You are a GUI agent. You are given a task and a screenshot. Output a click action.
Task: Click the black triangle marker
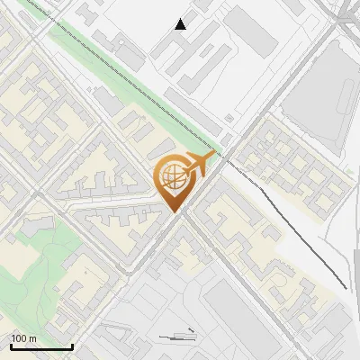tap(181, 23)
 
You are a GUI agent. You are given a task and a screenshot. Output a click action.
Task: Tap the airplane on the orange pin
tap(200, 163)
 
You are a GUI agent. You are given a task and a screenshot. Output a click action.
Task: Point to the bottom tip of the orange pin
tap(173, 211)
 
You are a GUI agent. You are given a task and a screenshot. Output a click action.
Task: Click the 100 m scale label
tap(24, 338)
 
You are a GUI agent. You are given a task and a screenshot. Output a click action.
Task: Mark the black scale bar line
tap(41, 347)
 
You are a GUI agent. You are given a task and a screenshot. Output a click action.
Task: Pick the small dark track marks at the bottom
tap(178, 336)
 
